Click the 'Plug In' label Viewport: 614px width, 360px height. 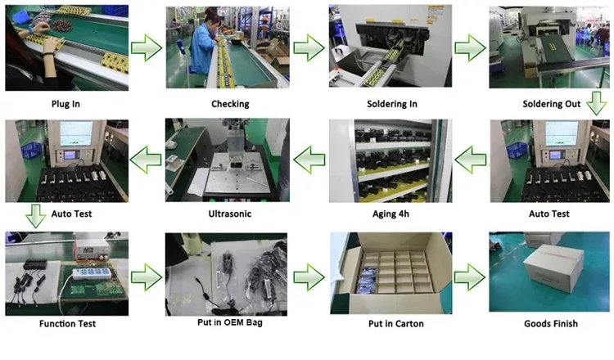pyautogui.click(x=66, y=104)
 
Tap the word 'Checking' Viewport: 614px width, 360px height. pyautogui.click(x=230, y=104)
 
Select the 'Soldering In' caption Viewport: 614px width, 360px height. pyautogui.click(x=392, y=104)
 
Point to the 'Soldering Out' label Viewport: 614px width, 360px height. pyautogui.click(x=551, y=104)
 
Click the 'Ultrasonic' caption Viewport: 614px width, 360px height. pyautogui.click(x=230, y=214)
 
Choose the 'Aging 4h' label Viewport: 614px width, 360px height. pyautogui.click(x=392, y=214)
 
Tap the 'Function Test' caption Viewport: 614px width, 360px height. pyautogui.click(x=66, y=323)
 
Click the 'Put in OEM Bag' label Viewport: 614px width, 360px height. pyautogui.click(x=230, y=323)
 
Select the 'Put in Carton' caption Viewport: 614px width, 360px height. pyautogui.click(x=392, y=323)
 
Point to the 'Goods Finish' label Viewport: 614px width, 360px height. pyautogui.click(x=551, y=323)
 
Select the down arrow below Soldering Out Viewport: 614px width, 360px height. pyautogui.click(x=597, y=105)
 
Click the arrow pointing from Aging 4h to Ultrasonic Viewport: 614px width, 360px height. pyautogui.click(x=308, y=160)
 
